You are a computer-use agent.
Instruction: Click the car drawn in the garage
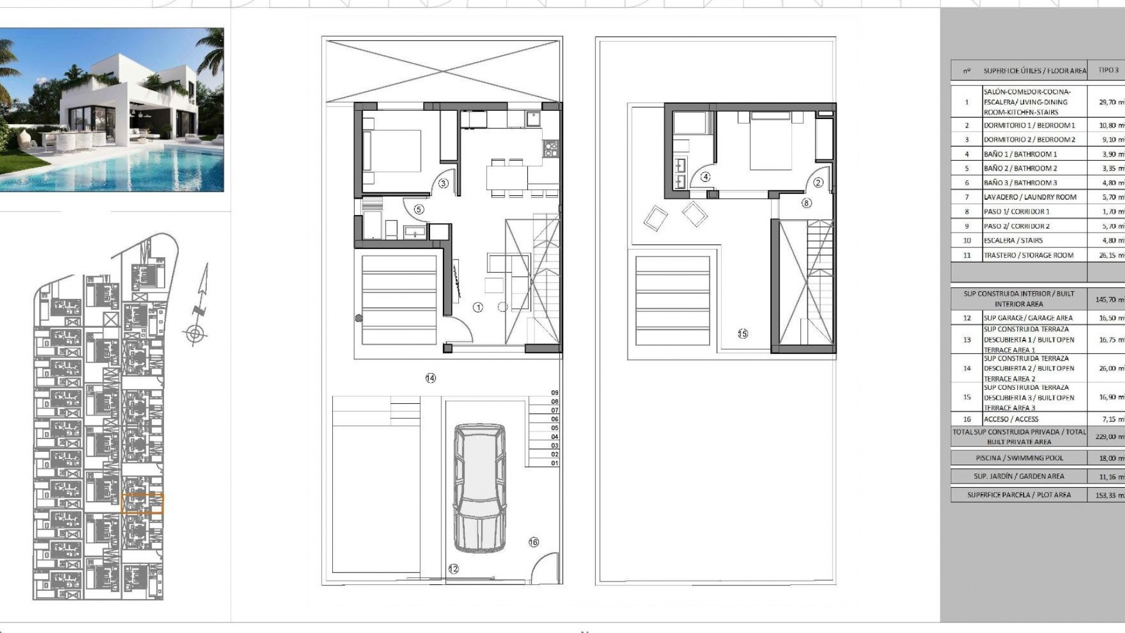[479, 488]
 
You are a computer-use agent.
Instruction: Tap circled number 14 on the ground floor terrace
[431, 379]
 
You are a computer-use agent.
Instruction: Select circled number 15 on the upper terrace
[742, 333]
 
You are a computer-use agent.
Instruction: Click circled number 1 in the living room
[478, 307]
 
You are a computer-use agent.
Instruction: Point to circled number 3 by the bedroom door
[443, 183]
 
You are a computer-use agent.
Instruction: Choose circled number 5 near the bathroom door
[418, 209]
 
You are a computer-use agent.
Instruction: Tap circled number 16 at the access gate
[533, 542]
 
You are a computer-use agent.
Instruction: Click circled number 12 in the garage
[453, 569]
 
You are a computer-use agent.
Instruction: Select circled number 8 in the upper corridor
[806, 203]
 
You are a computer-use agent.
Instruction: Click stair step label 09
[554, 393]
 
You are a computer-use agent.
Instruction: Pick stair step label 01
[554, 463]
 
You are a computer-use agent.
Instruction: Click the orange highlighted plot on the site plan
[142, 503]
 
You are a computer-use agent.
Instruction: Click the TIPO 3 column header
[1108, 70]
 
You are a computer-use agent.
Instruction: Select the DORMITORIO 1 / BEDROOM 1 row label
[1029, 125]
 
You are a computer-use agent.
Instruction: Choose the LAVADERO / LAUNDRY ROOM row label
[1029, 198]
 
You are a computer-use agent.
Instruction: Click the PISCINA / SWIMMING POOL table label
[1019, 458]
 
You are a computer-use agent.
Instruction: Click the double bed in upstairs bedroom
[766, 141]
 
